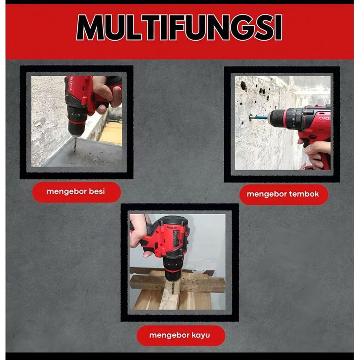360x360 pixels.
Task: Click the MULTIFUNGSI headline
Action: click(180, 28)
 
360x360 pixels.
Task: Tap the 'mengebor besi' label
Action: click(75, 191)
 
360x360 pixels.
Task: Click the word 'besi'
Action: click(97, 191)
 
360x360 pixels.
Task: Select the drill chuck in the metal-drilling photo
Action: click(76, 121)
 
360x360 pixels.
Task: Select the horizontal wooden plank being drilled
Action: click(177, 284)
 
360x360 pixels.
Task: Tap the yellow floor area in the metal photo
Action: click(111, 133)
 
